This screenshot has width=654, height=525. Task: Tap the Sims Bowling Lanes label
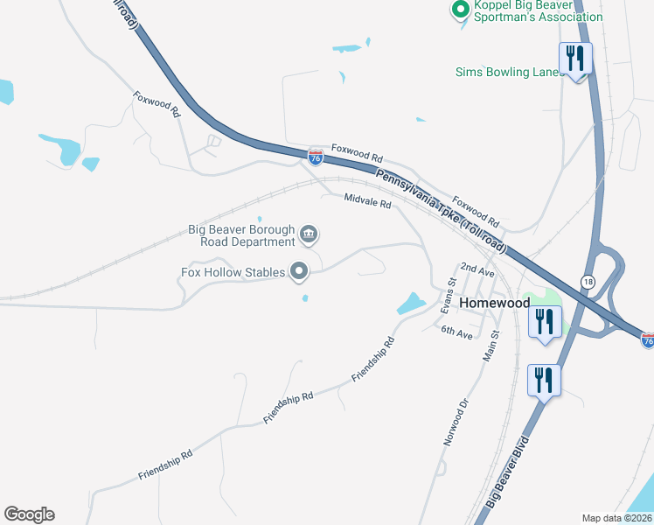510,72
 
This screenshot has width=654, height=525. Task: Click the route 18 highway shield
586,280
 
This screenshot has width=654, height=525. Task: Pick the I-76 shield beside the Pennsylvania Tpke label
316,157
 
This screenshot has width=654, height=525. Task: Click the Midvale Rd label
367,200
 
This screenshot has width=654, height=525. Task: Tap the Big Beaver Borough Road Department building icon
309,234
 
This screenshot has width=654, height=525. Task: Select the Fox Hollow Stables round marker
299,272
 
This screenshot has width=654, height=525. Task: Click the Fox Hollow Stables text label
233,272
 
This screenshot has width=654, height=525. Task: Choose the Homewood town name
495,302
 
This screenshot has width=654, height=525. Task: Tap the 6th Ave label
456,332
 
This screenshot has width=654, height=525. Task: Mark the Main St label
492,346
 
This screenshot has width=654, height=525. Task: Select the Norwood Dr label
456,423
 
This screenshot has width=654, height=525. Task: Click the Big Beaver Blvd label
508,472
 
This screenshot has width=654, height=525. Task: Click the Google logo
29,514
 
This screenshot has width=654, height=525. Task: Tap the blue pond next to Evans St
410,304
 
